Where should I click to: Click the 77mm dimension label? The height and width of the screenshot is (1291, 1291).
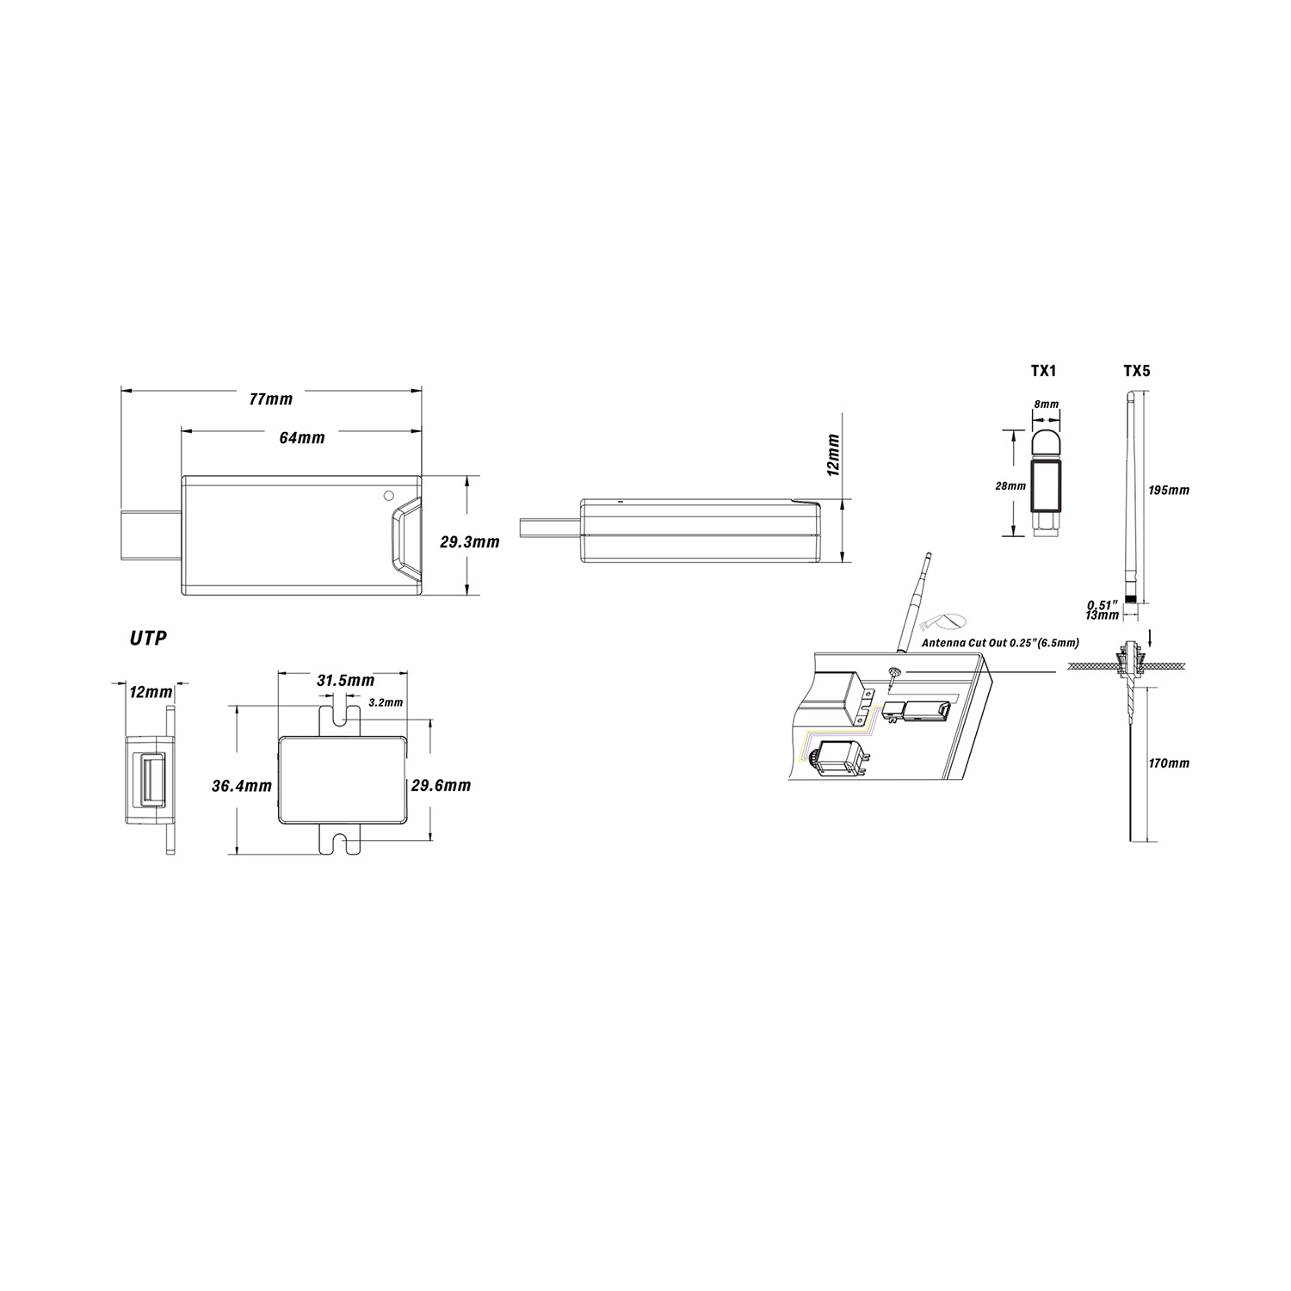270,399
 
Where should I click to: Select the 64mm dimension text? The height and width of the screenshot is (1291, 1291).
302,438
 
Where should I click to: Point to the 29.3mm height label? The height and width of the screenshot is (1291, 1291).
470,543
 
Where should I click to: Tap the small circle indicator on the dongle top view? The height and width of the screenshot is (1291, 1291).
388,496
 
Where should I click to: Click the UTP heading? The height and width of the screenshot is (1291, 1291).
148,639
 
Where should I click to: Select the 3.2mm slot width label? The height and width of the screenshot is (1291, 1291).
385,702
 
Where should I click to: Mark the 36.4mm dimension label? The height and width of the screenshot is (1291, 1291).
242,786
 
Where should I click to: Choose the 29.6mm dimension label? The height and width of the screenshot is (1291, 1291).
441,786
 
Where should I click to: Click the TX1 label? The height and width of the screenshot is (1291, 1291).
1043,371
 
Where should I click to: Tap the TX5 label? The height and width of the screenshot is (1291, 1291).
1136,371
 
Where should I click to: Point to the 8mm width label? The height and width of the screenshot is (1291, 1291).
1046,404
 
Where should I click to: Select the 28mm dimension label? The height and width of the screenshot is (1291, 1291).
1010,486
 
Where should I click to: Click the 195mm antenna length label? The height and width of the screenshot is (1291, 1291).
1169,490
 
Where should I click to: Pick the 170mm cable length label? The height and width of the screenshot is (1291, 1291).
1169,763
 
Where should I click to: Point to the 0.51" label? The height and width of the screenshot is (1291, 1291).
1103,604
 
